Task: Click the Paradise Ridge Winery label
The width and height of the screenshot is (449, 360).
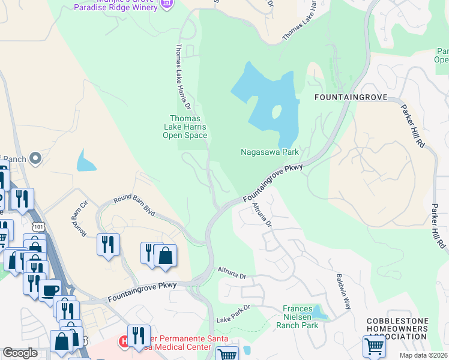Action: click(118, 7)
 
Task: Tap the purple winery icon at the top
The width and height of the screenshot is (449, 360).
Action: click(167, 4)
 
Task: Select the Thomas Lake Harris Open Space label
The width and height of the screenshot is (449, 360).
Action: click(185, 127)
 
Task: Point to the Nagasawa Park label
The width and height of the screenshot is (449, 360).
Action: click(270, 152)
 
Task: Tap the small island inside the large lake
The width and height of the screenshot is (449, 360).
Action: click(276, 112)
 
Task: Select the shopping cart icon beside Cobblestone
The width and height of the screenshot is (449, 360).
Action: click(373, 346)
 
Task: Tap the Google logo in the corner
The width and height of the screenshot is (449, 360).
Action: click(20, 353)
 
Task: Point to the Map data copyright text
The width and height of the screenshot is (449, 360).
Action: click(423, 355)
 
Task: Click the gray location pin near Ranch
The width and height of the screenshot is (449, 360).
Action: click(35, 158)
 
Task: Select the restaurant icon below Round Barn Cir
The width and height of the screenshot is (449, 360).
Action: click(108, 244)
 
